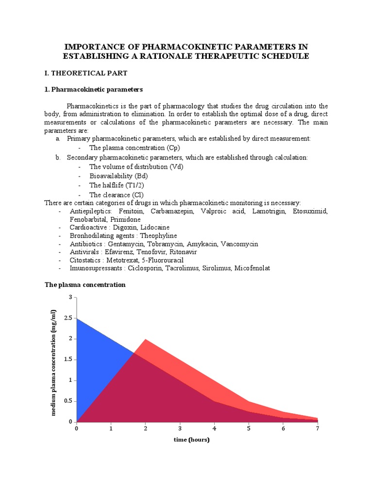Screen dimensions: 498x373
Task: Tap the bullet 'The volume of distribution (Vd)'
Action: click(x=136, y=167)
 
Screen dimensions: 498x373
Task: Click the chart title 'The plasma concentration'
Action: click(x=85, y=285)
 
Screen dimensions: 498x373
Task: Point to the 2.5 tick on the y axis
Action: click(x=68, y=318)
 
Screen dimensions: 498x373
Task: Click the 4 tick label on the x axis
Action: click(x=214, y=429)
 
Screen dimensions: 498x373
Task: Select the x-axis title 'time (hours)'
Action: click(x=191, y=440)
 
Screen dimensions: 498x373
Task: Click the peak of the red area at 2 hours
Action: click(x=145, y=339)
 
